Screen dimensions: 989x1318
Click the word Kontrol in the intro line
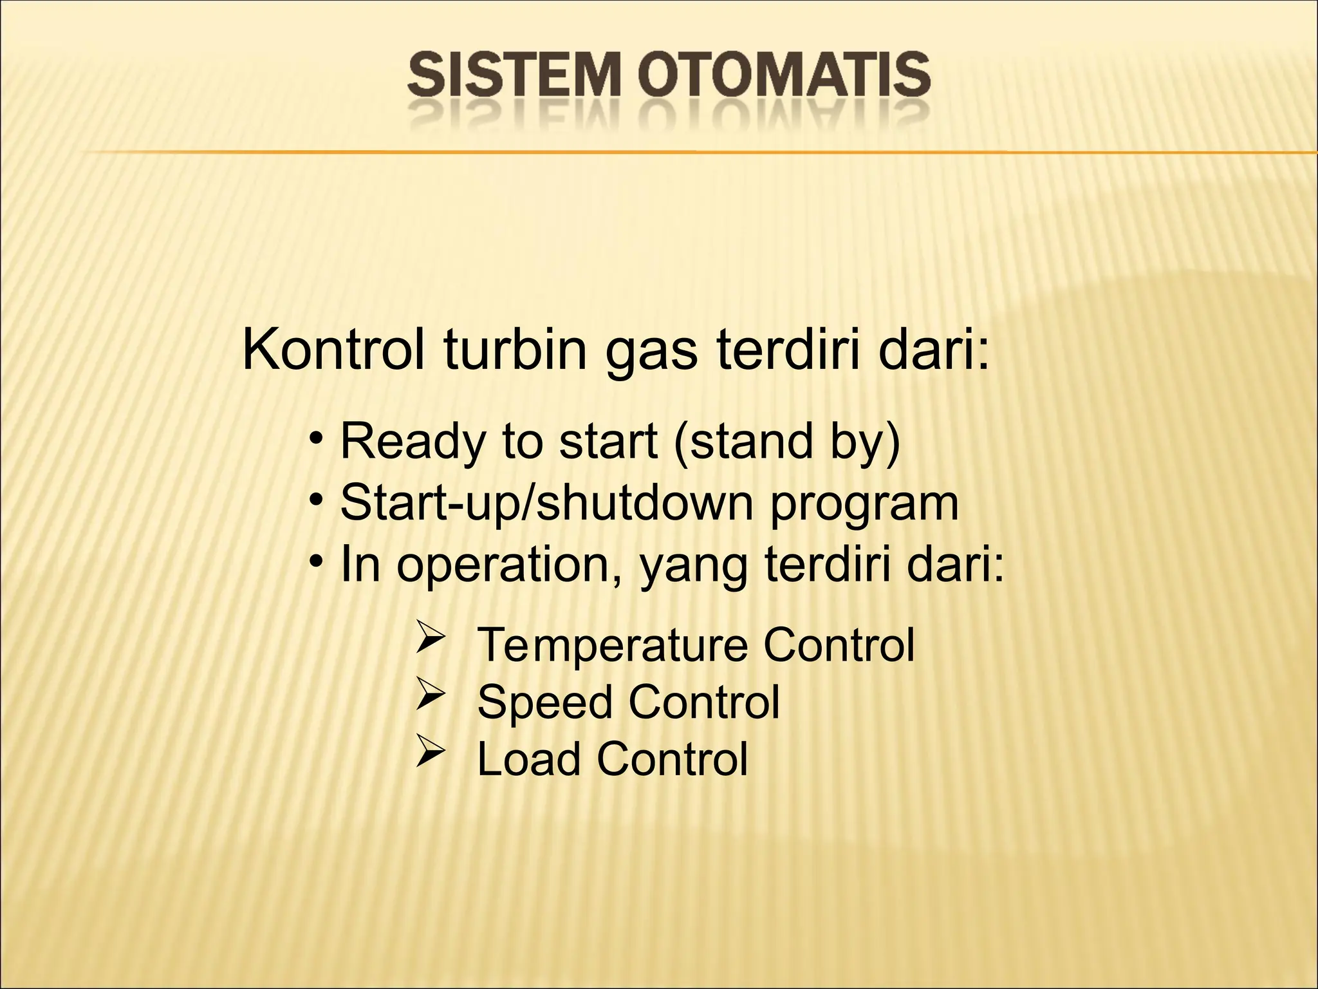333,351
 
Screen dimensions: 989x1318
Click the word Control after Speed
704,702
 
